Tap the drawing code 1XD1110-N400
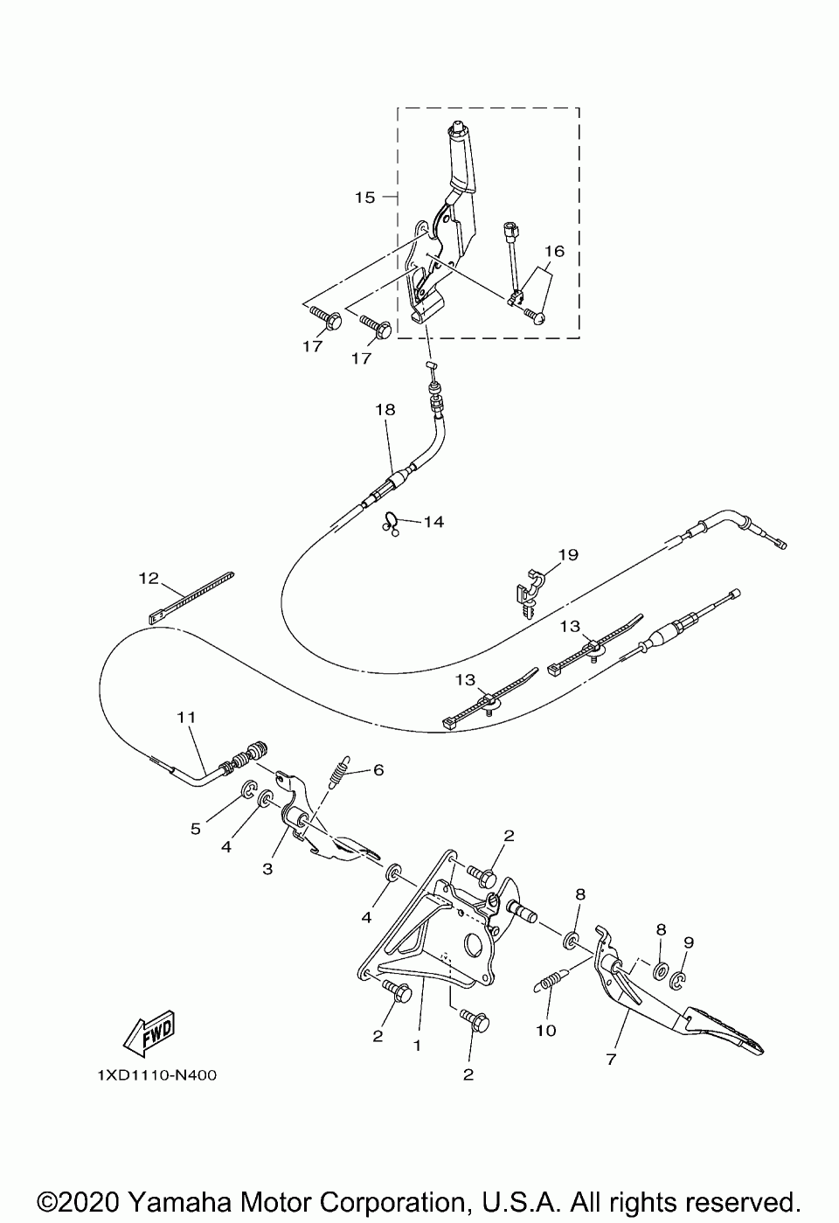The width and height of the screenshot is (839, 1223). pyautogui.click(x=157, y=1075)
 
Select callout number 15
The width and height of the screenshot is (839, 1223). pyautogui.click(x=364, y=198)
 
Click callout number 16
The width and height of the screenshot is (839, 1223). pyautogui.click(x=554, y=251)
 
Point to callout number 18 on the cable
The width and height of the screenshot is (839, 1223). pyautogui.click(x=385, y=409)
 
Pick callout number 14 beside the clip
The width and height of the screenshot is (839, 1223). pyautogui.click(x=433, y=522)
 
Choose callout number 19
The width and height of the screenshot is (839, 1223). pyautogui.click(x=568, y=554)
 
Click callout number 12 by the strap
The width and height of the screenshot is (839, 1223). pyautogui.click(x=148, y=577)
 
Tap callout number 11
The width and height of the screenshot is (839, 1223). pyautogui.click(x=184, y=716)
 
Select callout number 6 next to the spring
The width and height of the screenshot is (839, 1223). pyautogui.click(x=378, y=770)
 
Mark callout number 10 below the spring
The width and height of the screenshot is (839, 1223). pyautogui.click(x=545, y=1031)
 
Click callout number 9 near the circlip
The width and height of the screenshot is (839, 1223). pyautogui.click(x=689, y=942)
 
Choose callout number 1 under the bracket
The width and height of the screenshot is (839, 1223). pyautogui.click(x=417, y=1045)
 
